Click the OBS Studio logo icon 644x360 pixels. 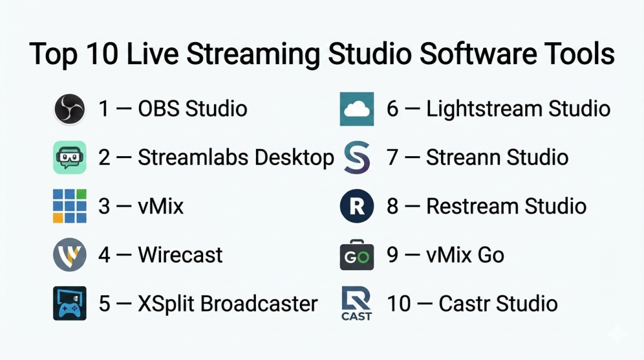tap(69, 109)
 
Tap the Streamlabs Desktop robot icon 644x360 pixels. tap(69, 157)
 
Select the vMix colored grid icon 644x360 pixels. tap(69, 206)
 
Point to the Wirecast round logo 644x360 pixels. tap(69, 254)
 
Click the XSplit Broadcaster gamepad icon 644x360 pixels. tap(69, 303)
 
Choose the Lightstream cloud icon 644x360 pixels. tap(357, 109)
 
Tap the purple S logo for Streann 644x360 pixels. tap(357, 157)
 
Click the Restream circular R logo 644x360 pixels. tap(357, 206)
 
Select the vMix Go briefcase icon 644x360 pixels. tap(357, 255)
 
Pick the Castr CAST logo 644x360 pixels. tap(357, 303)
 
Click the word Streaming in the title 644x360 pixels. tap(253, 55)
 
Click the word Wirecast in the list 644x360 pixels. tap(180, 255)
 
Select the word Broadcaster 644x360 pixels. tap(258, 304)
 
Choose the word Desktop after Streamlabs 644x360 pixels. tap(294, 158)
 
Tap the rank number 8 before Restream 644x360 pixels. tap(392, 206)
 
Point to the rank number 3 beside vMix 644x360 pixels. tap(104, 206)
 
